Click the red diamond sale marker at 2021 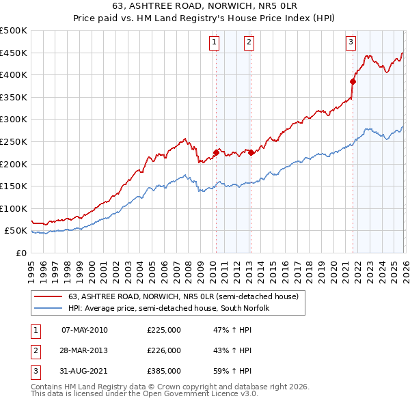[353, 81]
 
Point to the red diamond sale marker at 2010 [216, 153]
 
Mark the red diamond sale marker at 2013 [251, 152]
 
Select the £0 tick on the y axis [21, 253]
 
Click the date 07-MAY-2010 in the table [85, 330]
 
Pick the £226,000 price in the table [164, 350]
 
